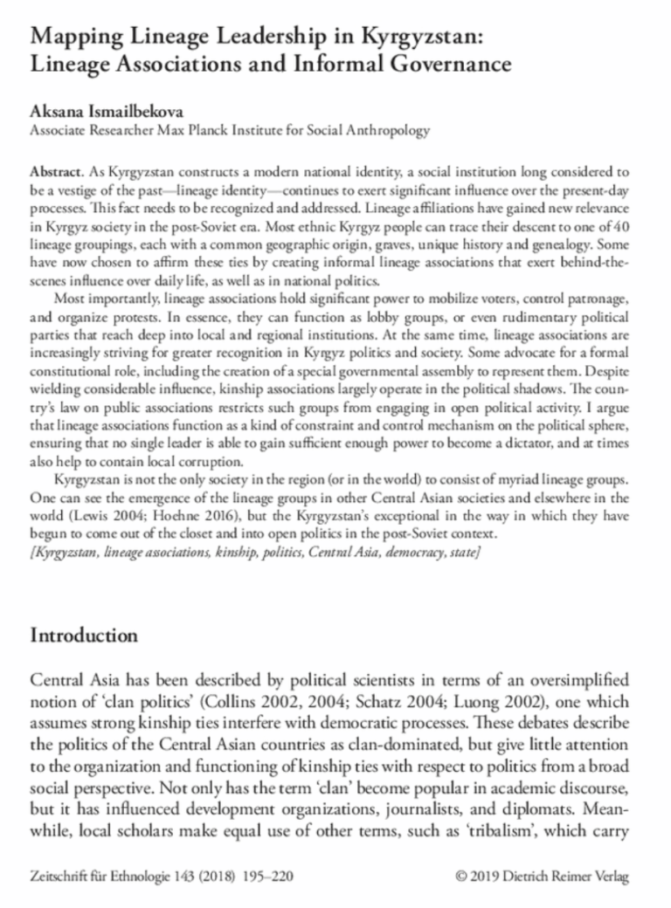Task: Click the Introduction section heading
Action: click(84, 635)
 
